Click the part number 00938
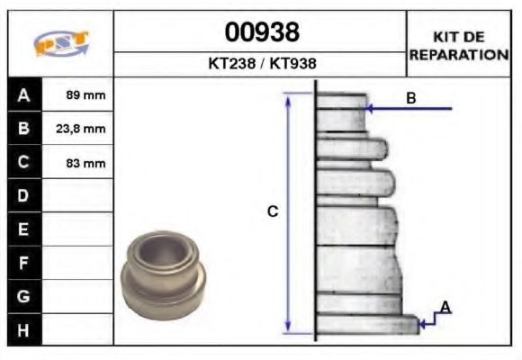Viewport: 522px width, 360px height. (x=260, y=33)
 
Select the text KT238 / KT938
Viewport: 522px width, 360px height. (x=260, y=65)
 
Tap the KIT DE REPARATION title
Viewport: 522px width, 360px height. (x=459, y=45)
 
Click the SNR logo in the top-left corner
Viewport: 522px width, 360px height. (x=60, y=44)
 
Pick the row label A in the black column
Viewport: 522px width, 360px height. (x=23, y=94)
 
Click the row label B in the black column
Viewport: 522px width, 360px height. (x=23, y=129)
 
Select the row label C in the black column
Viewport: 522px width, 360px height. (x=23, y=163)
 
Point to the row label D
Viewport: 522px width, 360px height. (x=23, y=195)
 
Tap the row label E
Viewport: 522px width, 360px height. (x=23, y=229)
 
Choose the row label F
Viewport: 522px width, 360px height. (x=23, y=263)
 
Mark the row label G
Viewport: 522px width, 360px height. (x=23, y=296)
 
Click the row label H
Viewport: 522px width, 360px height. (x=23, y=329)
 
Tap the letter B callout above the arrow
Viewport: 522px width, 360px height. (x=410, y=98)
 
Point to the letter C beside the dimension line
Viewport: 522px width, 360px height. (x=273, y=212)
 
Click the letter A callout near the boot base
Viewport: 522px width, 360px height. (x=445, y=308)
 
